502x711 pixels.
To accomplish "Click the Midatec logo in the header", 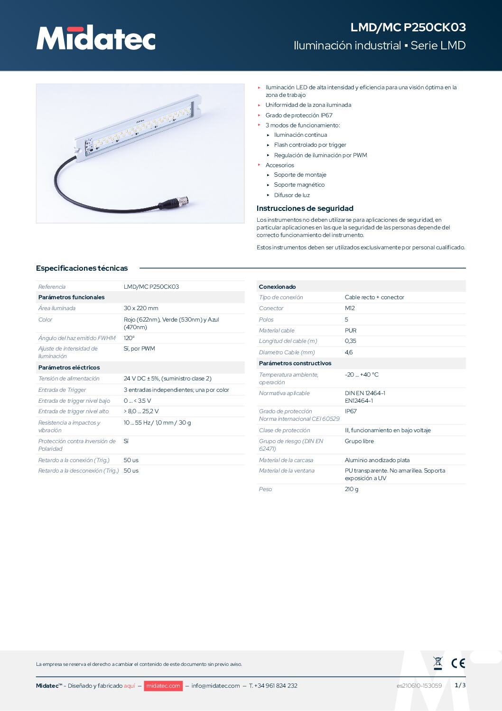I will pyautogui.click(x=96, y=38).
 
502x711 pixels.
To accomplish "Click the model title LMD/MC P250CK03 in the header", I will pyautogui.click(x=408, y=28).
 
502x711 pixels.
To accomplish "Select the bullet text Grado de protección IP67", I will pyautogui.click(x=299, y=115).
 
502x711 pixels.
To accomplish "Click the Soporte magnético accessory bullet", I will pyautogui.click(x=299, y=185).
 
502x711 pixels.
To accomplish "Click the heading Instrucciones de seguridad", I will pyautogui.click(x=305, y=209).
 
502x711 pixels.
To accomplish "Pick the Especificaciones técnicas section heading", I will pyautogui.click(x=82, y=268).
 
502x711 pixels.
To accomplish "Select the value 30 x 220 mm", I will pyautogui.click(x=141, y=308).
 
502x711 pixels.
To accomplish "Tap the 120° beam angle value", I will pyautogui.click(x=129, y=338).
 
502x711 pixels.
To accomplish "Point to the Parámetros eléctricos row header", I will pyautogui.click(x=69, y=368).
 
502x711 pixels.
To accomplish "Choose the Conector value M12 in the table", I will pyautogui.click(x=350, y=308).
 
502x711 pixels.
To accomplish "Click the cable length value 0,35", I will pyautogui.click(x=351, y=341).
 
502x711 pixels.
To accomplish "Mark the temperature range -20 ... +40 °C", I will pyautogui.click(x=362, y=375).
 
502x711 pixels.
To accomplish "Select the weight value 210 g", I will pyautogui.click(x=352, y=489).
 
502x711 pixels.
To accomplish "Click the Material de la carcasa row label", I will pyautogui.click(x=286, y=460).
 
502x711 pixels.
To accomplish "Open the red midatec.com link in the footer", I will pyautogui.click(x=163, y=686).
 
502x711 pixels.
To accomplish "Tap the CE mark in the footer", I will pyautogui.click(x=458, y=664).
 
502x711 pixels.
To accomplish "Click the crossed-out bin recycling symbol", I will pyautogui.click(x=438, y=663).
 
